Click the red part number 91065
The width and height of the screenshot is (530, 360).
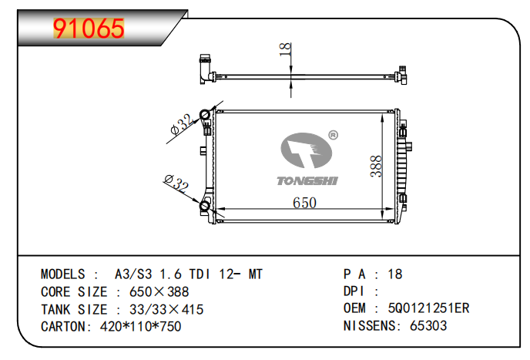pos(89,29)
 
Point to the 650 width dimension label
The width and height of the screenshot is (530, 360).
pos(304,203)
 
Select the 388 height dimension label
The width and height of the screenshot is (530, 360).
pos(376,167)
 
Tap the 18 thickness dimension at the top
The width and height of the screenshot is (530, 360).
pos(285,49)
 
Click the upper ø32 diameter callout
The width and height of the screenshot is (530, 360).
pos(183,124)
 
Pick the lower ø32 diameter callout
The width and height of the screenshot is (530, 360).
pos(176,183)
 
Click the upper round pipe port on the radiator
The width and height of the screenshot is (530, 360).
pos(205,115)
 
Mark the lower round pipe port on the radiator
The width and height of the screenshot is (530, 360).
pos(205,206)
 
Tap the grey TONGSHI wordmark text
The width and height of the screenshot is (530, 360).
pos(307,181)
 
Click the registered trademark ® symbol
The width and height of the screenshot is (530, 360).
pos(333,135)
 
